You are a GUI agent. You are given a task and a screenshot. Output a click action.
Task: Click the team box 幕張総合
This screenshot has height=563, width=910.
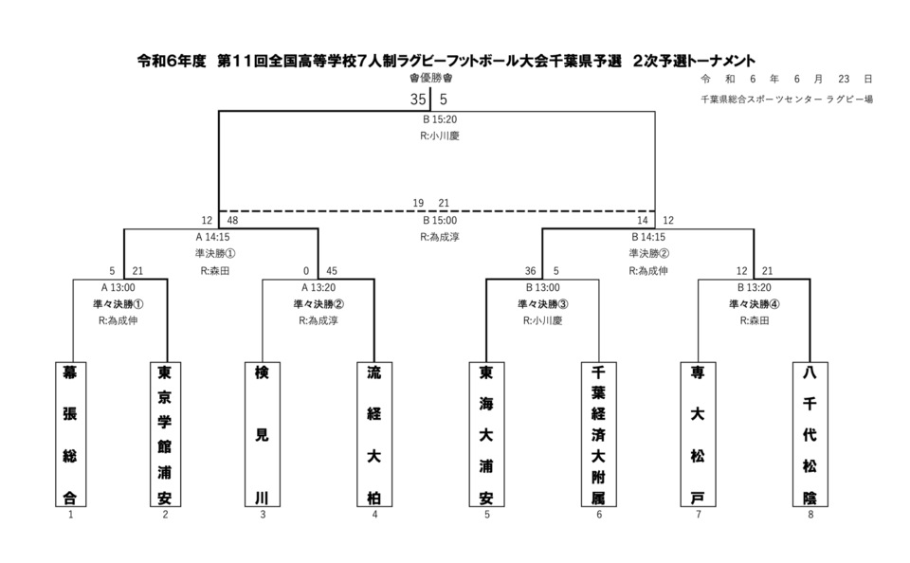[71, 433]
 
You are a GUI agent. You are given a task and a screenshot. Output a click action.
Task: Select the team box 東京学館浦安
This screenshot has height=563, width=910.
[166, 433]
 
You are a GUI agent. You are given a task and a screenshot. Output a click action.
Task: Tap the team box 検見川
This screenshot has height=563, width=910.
[263, 433]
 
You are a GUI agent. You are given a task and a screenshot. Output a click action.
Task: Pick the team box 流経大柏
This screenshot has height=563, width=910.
[374, 433]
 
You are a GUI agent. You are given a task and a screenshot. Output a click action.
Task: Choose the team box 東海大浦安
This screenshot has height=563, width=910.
[486, 433]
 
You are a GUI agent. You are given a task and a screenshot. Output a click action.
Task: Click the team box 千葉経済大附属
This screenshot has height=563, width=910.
[598, 433]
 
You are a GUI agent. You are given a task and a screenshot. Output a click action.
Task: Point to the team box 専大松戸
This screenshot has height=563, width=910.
[698, 433]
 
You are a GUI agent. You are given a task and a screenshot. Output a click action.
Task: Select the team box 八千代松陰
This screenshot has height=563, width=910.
[810, 433]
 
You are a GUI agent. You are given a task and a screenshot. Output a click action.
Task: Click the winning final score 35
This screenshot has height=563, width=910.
[418, 98]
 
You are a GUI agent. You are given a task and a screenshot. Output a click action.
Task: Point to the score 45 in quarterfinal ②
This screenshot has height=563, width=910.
[331, 270]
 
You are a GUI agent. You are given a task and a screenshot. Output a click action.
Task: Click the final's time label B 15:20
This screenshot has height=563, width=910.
[440, 119]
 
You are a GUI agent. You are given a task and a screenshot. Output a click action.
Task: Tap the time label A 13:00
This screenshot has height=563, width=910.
[118, 287]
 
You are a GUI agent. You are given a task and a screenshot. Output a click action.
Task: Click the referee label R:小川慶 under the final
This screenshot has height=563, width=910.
[439, 136]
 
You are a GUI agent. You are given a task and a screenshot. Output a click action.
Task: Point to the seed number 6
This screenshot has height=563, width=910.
[599, 515]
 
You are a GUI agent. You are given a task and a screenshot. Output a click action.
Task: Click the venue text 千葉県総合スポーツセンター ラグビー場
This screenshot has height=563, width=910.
[787, 99]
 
